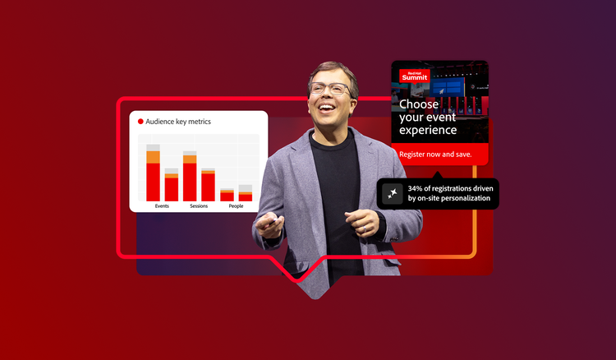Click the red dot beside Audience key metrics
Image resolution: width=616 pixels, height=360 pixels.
point(140,122)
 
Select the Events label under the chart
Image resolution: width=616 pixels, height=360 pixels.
point(162,206)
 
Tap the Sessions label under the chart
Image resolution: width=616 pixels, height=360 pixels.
point(198,206)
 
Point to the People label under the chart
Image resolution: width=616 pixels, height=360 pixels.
point(236,206)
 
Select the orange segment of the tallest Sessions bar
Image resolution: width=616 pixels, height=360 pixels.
point(190,159)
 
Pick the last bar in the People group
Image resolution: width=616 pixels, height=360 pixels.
point(246,195)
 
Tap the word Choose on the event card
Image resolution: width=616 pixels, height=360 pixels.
point(419,104)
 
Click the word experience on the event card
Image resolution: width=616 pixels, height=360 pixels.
point(427,130)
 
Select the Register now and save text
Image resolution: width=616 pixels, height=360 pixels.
point(435,155)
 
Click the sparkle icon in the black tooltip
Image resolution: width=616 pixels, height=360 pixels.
point(392,193)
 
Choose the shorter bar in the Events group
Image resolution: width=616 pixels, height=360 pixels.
point(171,187)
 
